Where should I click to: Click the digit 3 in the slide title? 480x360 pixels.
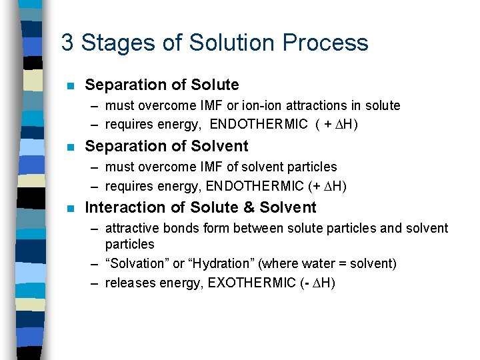click(x=67, y=43)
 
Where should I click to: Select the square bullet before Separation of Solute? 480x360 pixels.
click(x=69, y=86)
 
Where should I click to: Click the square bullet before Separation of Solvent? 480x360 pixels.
click(x=69, y=147)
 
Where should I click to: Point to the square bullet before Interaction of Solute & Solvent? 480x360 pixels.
click(x=69, y=208)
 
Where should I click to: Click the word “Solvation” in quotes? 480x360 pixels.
click(x=137, y=264)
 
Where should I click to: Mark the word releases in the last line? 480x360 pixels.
click(x=129, y=283)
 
